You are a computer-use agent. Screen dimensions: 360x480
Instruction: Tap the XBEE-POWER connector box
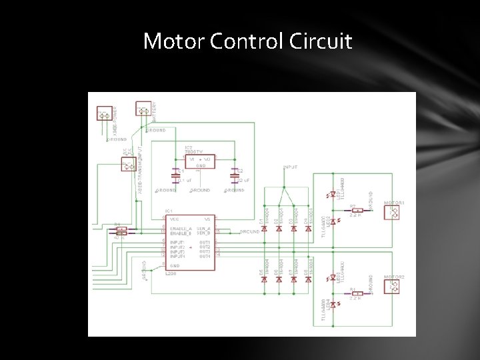click(x=104, y=115)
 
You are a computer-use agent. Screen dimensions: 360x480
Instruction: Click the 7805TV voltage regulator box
click(x=199, y=161)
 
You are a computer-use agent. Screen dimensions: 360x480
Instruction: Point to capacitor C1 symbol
click(x=176, y=178)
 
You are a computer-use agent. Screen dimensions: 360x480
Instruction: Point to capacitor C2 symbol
click(x=235, y=178)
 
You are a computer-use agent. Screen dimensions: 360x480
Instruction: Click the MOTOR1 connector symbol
click(x=393, y=213)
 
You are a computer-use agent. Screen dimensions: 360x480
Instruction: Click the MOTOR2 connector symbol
click(x=393, y=286)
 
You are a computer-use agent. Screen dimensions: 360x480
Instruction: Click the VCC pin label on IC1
click(x=175, y=219)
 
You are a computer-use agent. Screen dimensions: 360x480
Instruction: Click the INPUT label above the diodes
click(x=291, y=167)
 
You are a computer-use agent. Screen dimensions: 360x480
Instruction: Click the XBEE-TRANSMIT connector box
click(x=129, y=163)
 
